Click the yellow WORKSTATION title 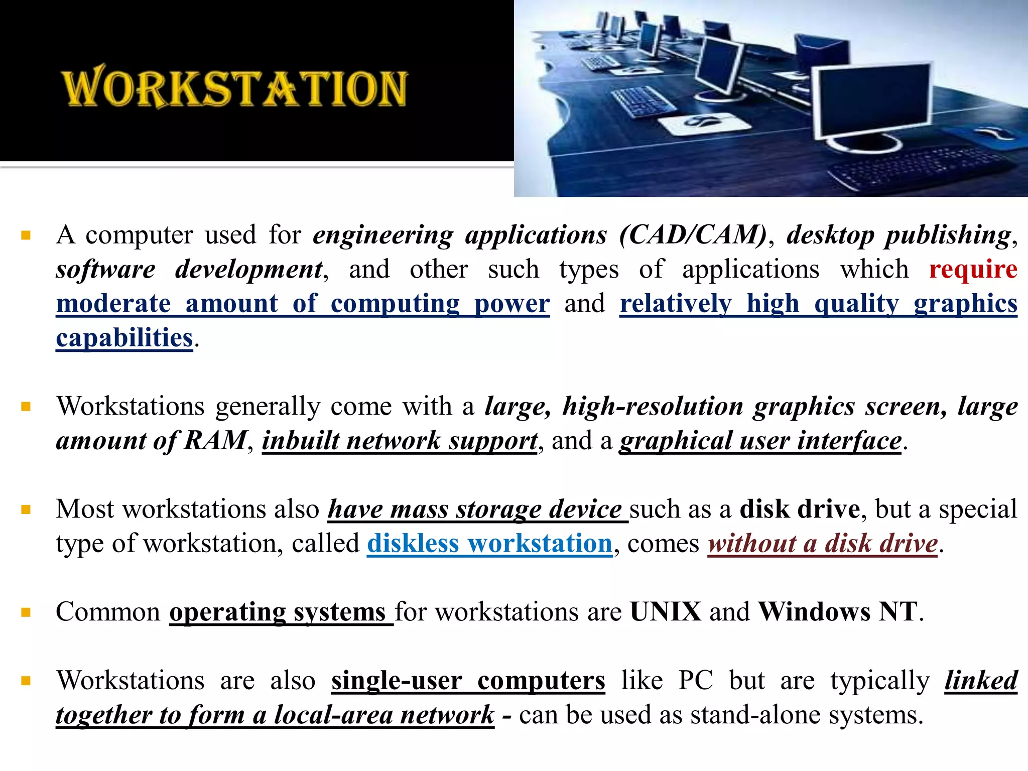click(234, 88)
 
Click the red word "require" click(973, 270)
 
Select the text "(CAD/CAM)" click(693, 235)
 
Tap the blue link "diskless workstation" click(489, 544)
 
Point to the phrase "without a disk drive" click(823, 544)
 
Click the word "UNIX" click(666, 612)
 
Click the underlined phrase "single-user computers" click(468, 681)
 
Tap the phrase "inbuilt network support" click(400, 441)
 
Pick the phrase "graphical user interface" click(760, 441)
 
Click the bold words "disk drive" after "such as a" click(800, 509)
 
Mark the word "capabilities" click(124, 338)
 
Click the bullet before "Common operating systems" click(26, 612)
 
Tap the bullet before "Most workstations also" click(26, 510)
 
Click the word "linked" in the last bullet click(981, 681)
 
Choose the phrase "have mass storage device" click(475, 509)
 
